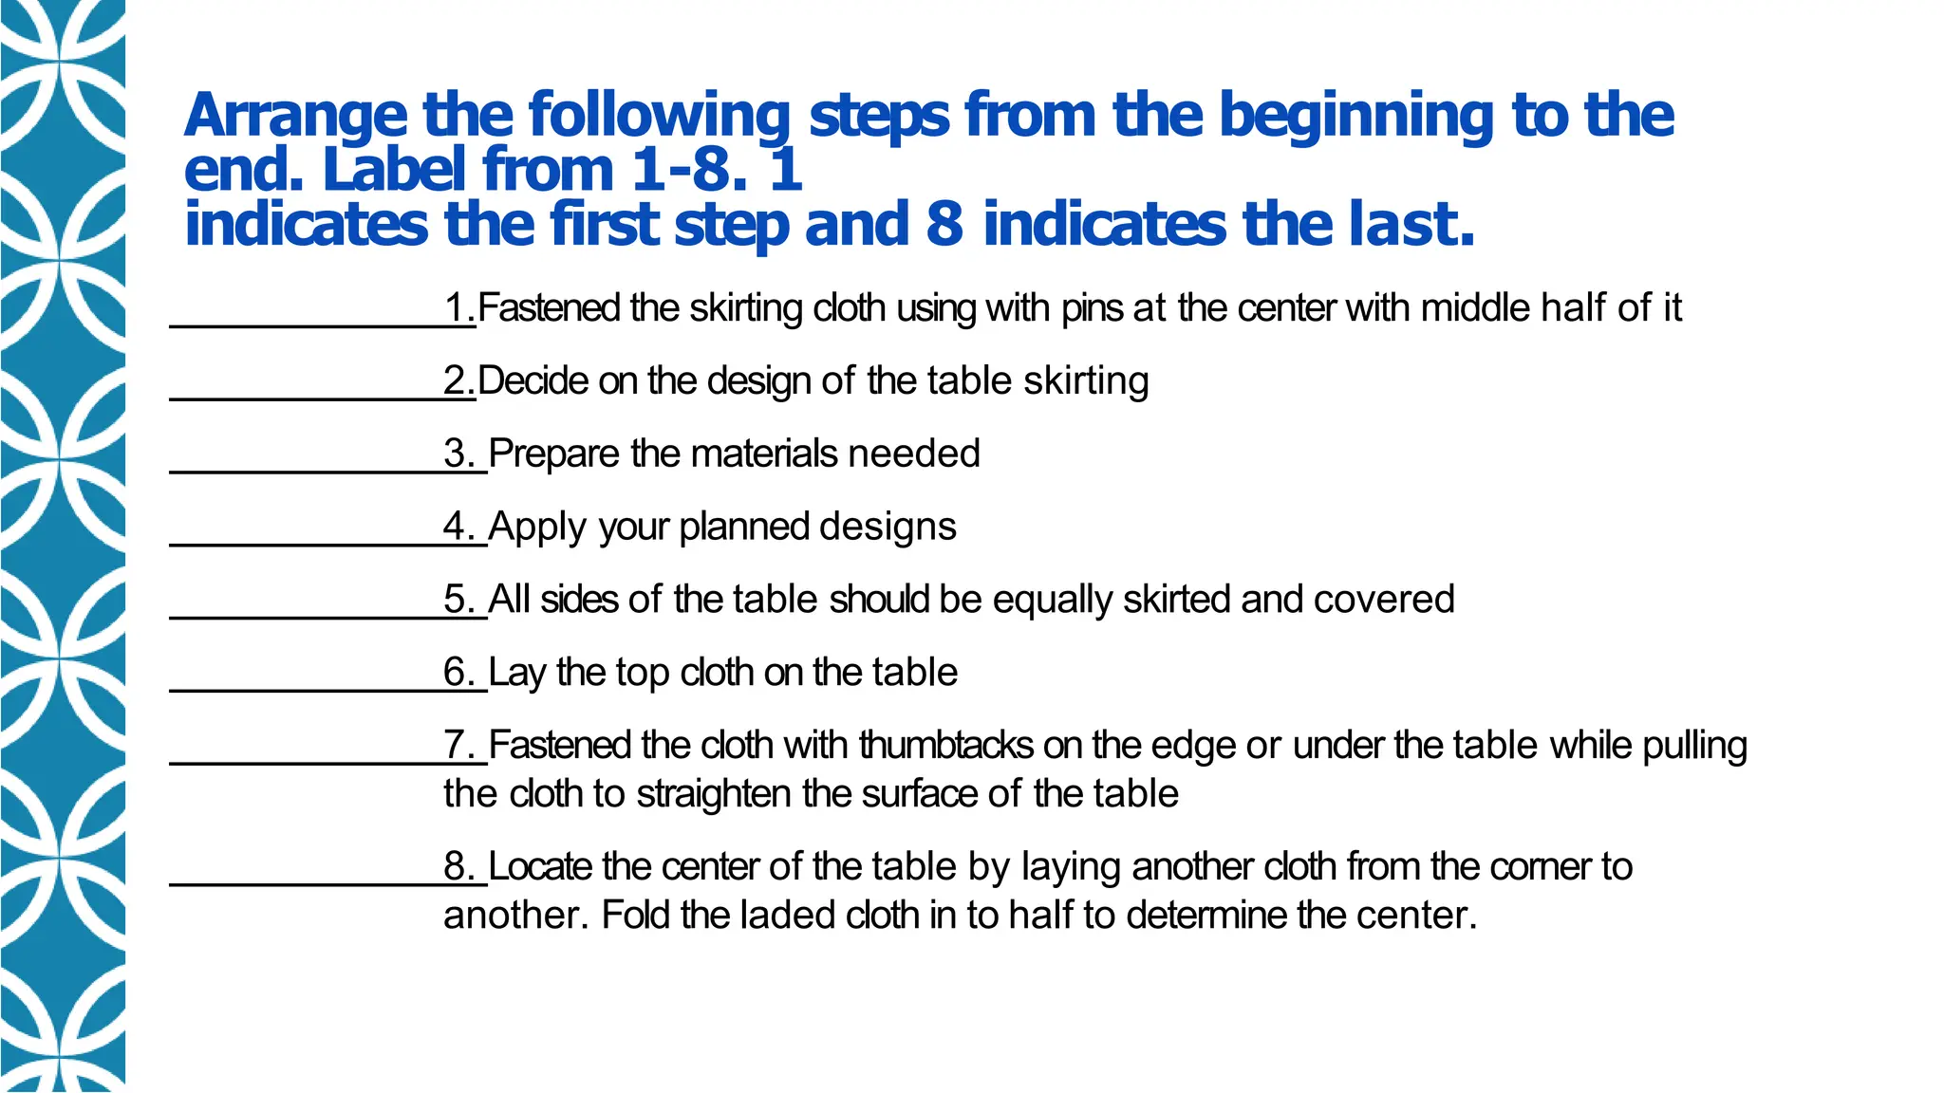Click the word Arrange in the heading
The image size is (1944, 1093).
(295, 117)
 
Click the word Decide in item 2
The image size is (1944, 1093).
(533, 381)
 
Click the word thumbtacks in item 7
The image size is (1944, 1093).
(945, 746)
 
